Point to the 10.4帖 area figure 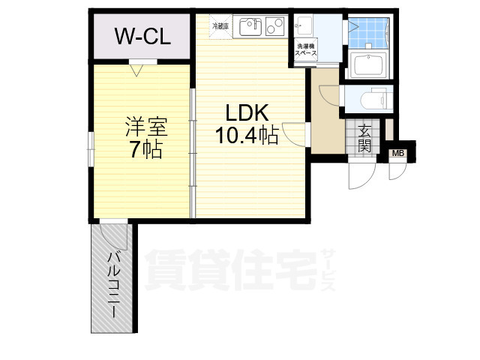pyautogui.click(x=247, y=136)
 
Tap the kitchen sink pyautogui.click(x=249, y=27)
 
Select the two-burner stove pyautogui.click(x=274, y=27)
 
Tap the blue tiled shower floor pyautogui.click(x=370, y=33)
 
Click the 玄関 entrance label pyautogui.click(x=364, y=139)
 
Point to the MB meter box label pyautogui.click(x=398, y=154)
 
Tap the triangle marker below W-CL pyautogui.click(x=137, y=71)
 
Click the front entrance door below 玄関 pyautogui.click(x=358, y=176)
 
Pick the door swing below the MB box pyautogui.click(x=395, y=172)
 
